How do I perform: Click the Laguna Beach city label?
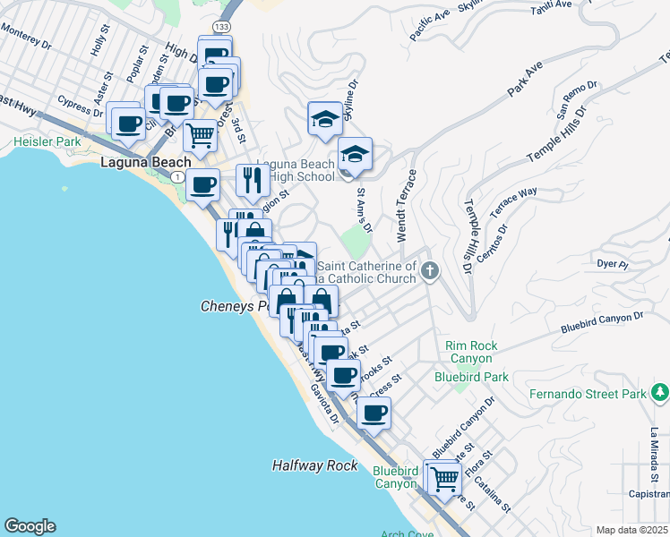(145, 162)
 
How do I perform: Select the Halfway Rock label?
(314, 465)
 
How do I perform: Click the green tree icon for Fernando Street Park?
(660, 391)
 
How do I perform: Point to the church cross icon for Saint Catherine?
(430, 270)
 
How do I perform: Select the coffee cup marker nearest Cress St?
(374, 413)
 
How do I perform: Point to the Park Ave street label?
(525, 81)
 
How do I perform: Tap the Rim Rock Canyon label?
(471, 352)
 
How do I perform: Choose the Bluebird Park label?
(465, 377)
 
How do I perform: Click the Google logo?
(30, 525)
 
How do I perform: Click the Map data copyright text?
(632, 530)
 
